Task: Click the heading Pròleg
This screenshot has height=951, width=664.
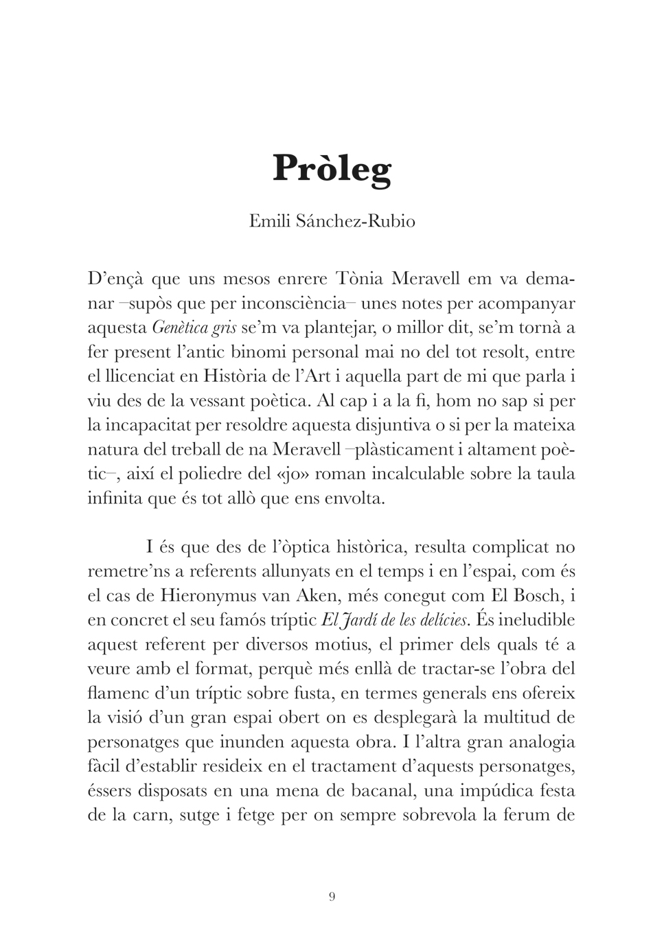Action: [x=332, y=169]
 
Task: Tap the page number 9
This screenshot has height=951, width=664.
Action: [x=332, y=896]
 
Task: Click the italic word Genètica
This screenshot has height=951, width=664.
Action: [x=180, y=328]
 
